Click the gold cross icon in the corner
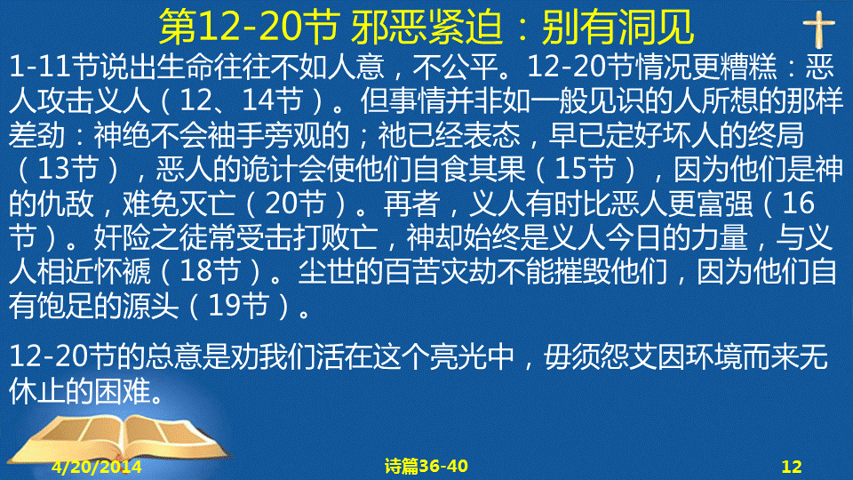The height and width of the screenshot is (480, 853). [818, 28]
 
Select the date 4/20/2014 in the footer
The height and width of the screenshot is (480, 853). [97, 467]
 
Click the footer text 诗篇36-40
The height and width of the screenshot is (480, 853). [426, 466]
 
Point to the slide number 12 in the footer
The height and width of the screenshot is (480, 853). [792, 467]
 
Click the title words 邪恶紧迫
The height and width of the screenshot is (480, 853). [426, 28]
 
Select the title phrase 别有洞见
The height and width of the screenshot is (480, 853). [618, 28]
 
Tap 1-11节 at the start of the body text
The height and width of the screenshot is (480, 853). [54, 67]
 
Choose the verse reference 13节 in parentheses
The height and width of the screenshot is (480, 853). [68, 169]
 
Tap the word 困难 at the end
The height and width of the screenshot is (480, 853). [123, 391]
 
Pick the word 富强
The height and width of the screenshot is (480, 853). [726, 204]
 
